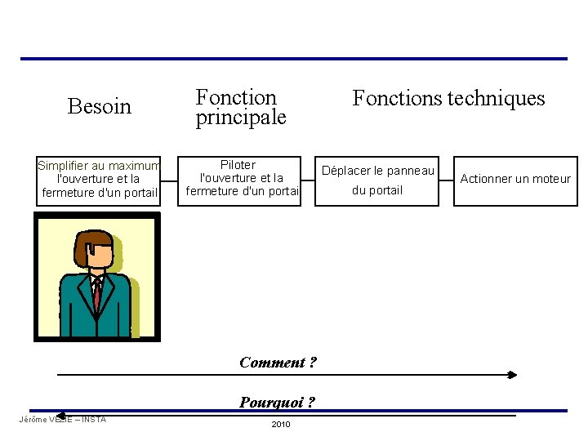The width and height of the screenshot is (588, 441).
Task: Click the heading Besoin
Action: pyautogui.click(x=99, y=107)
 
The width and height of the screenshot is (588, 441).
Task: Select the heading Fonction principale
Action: pyautogui.click(x=240, y=108)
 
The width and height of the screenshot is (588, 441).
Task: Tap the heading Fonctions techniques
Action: pyautogui.click(x=448, y=99)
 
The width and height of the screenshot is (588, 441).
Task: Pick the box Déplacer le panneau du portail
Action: pyautogui.click(x=377, y=180)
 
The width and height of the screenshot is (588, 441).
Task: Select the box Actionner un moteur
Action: pyautogui.click(x=515, y=180)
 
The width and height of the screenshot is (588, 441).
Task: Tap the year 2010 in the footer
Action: pyautogui.click(x=280, y=425)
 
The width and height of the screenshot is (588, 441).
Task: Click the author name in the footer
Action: pyautogui.click(x=62, y=420)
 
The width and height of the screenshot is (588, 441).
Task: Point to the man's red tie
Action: pyautogui.click(x=97, y=295)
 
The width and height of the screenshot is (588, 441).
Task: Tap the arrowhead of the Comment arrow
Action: pyautogui.click(x=512, y=375)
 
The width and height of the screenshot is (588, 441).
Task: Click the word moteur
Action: pyautogui.click(x=552, y=179)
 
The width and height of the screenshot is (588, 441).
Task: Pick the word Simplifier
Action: pyautogui.click(x=62, y=166)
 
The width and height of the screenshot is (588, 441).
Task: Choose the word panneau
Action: pyautogui.click(x=407, y=171)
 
